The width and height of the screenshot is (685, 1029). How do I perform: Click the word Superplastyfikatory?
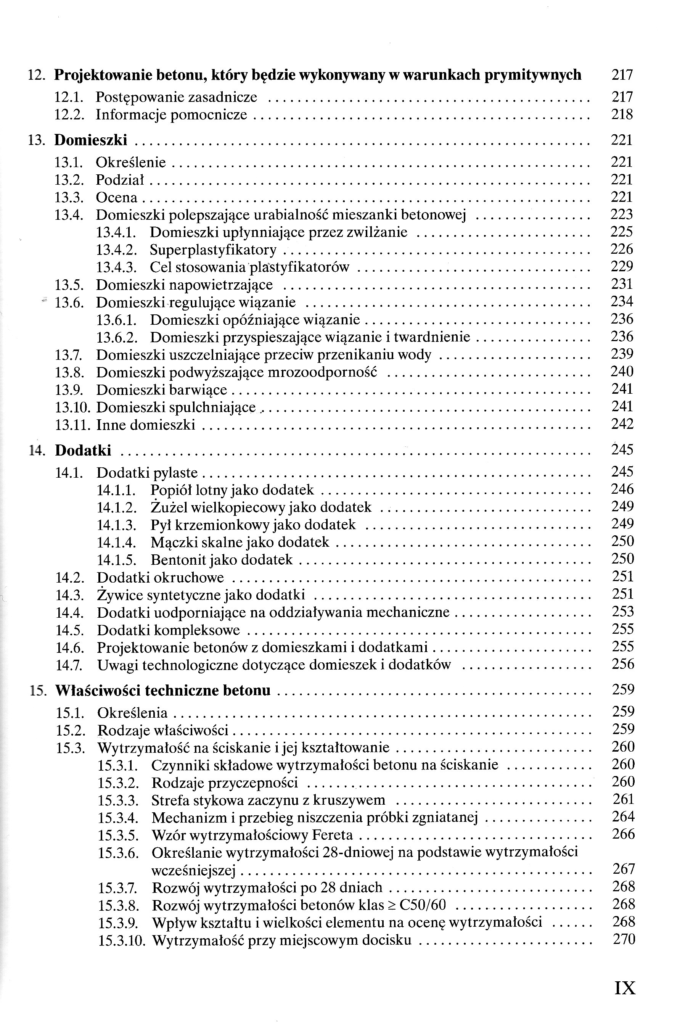213,250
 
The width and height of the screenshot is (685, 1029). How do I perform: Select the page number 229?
622,267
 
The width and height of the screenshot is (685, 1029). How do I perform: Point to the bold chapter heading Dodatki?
83,451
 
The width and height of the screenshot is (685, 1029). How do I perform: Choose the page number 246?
622,490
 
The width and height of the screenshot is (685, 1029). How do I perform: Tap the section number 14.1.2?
117,508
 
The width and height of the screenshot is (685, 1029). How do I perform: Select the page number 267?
623,869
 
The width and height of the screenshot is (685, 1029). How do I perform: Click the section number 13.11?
72,425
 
